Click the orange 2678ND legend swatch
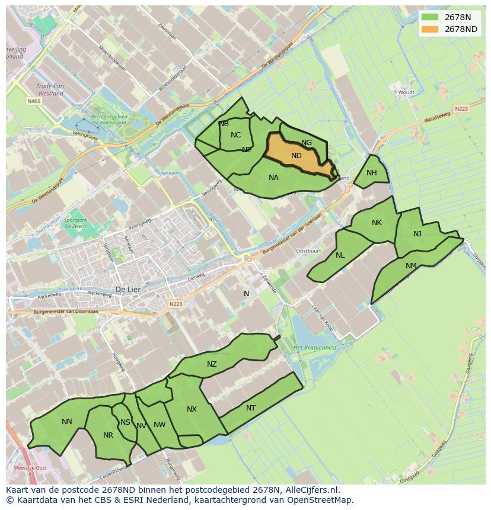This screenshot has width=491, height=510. coord(431,29)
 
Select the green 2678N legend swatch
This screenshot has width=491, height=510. coord(431,17)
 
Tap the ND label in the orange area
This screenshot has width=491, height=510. coord(296,156)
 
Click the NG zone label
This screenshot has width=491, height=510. coord(307,143)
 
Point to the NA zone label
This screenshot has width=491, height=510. coord(273,178)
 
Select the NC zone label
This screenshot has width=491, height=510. coord(236,135)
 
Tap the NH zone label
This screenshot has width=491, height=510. coord(372,173)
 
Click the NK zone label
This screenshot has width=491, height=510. coord(377,223)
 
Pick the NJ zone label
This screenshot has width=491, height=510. coord(417,234)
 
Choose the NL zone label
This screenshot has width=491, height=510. coord(340,255)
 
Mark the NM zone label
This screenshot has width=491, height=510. coord(411,266)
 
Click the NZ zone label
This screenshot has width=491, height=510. coord(212,364)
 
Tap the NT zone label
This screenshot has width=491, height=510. coord(251,408)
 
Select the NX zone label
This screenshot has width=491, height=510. coord(192,409)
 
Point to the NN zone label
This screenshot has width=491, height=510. coord(67,422)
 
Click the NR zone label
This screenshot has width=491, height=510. coord(108,435)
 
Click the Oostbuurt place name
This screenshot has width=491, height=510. coord(308,251)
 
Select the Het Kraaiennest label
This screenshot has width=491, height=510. coord(315,347)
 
